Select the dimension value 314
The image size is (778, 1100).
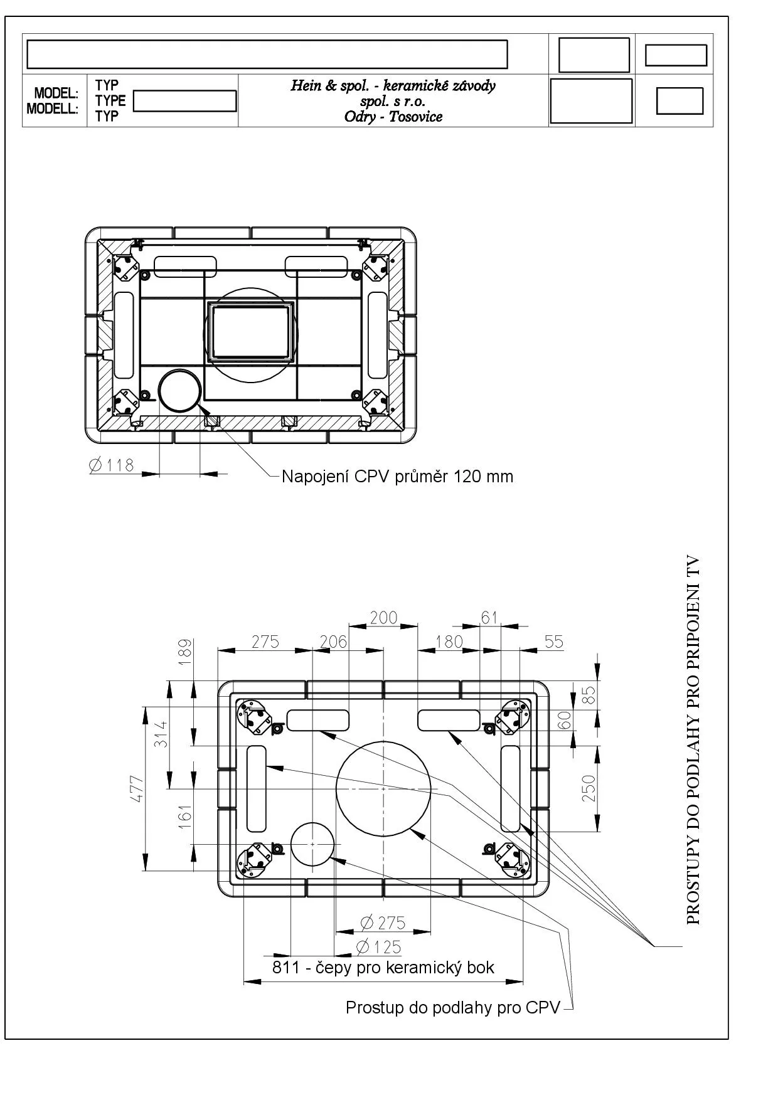(161, 733)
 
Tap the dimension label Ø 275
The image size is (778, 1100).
(383, 923)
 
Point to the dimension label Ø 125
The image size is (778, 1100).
(378, 947)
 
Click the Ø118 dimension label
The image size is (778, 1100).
(112, 465)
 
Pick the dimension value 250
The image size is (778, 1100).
(589, 788)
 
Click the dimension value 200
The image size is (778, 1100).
(383, 618)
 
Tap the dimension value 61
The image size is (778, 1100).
(489, 618)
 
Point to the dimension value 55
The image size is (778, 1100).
(554, 642)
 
